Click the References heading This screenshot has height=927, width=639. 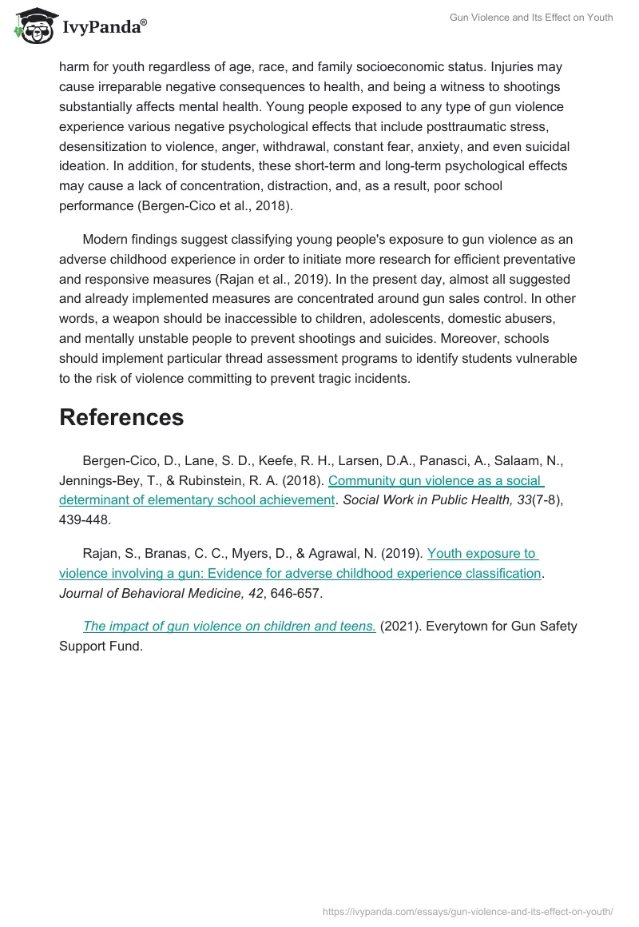tap(121, 417)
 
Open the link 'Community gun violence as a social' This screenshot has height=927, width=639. tap(436, 481)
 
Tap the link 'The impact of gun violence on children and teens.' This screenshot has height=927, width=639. tap(229, 627)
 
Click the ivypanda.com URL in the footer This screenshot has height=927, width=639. tap(468, 910)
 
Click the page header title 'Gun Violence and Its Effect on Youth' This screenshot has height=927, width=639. tap(531, 18)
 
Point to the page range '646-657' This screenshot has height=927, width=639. tap(297, 594)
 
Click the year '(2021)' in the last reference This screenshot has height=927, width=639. tap(399, 627)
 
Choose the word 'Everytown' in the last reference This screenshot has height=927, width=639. tap(457, 627)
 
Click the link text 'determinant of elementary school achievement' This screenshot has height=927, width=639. tap(196, 501)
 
